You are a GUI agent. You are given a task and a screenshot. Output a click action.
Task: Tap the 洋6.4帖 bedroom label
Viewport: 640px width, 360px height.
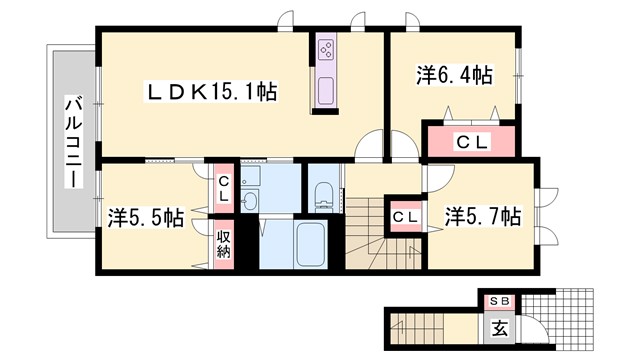[x=453, y=75]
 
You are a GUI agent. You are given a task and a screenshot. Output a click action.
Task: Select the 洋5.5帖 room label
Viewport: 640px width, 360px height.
[x=146, y=216]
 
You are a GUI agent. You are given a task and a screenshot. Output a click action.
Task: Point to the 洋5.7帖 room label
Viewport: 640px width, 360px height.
[x=482, y=215]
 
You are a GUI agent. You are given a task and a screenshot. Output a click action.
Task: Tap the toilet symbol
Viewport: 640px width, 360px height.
[x=325, y=191]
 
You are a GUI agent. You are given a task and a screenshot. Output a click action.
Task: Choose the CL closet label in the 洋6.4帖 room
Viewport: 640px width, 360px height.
[x=471, y=142]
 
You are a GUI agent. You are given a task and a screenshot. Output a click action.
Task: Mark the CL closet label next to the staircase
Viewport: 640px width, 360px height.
[x=405, y=216]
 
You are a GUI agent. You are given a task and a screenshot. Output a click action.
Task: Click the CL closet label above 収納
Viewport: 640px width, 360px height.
[x=224, y=188]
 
